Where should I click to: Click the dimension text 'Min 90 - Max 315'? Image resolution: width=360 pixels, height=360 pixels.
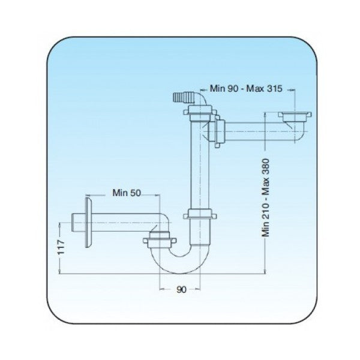tap(246, 88)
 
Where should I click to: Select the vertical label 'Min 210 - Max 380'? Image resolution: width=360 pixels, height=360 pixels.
tap(266, 197)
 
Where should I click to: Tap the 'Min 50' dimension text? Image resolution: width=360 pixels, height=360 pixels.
tap(127, 193)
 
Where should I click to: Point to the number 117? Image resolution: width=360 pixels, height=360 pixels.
tap(61, 247)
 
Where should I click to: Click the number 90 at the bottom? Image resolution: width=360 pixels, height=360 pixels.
tap(181, 290)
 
